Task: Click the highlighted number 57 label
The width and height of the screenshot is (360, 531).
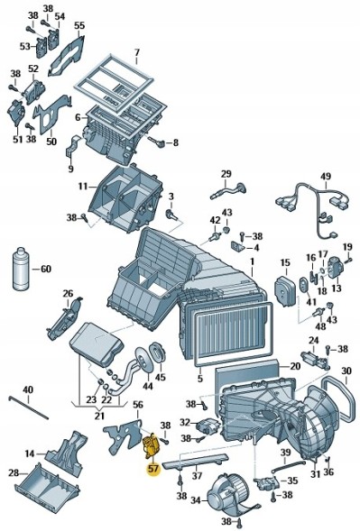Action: point(152,469)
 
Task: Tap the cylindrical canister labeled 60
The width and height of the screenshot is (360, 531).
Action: point(21,269)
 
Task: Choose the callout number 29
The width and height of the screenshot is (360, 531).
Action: point(226,174)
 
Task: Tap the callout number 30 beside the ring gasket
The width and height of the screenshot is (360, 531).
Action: point(346,371)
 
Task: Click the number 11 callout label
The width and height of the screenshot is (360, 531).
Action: point(82,187)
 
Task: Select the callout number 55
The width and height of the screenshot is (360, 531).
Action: point(79,26)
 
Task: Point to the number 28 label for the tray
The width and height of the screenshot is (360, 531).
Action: point(13,472)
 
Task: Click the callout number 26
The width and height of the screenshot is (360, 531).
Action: point(67,293)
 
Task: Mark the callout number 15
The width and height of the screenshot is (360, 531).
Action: point(284,263)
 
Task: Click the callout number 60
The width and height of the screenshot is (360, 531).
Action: point(46,269)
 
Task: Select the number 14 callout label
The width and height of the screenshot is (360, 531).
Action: point(30,453)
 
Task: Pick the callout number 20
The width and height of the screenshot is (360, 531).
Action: point(294,367)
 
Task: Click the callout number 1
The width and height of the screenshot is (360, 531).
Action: point(253,262)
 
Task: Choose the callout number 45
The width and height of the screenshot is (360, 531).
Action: point(160,378)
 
